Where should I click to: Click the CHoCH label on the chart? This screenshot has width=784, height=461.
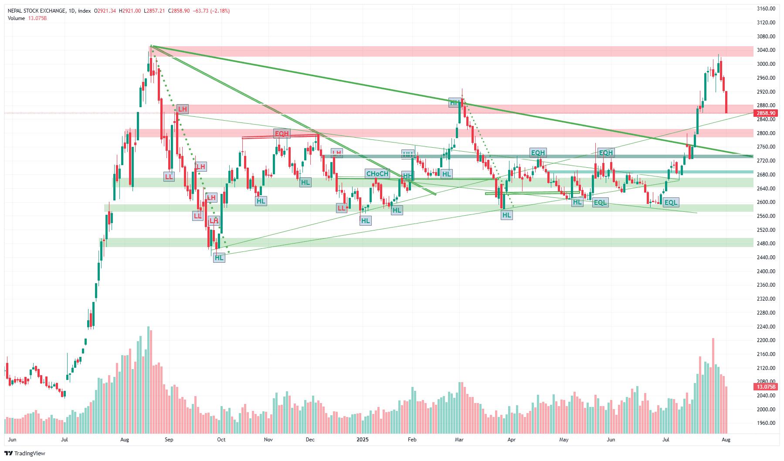click(x=377, y=174)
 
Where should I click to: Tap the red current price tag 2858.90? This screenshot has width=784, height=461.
click(x=766, y=113)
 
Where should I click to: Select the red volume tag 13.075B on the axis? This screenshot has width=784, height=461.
click(x=766, y=387)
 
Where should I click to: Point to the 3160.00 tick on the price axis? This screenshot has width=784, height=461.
click(x=766, y=9)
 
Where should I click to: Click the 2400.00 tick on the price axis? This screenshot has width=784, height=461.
click(x=766, y=271)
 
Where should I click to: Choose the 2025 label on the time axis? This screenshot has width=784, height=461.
click(x=363, y=440)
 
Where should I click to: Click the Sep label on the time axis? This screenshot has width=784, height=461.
click(x=169, y=440)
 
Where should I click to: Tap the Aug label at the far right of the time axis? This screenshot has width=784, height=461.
click(x=726, y=440)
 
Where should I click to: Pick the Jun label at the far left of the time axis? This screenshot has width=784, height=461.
click(x=12, y=440)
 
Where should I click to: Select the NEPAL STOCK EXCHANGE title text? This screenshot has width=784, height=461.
click(x=37, y=11)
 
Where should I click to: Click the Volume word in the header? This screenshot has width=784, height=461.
click(x=17, y=18)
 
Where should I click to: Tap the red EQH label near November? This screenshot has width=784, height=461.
click(x=282, y=134)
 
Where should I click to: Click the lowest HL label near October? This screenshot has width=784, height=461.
click(x=219, y=258)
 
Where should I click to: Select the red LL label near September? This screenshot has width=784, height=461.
click(x=169, y=177)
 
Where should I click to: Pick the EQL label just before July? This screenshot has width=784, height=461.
click(x=671, y=203)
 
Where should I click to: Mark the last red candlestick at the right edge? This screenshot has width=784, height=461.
click(x=726, y=102)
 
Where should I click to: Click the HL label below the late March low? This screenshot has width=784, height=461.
click(x=506, y=215)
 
